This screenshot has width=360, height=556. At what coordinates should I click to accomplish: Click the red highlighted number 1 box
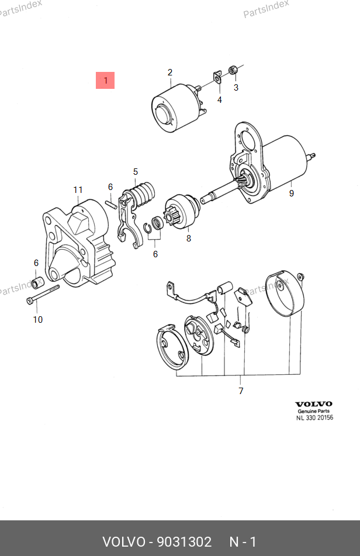[105, 81]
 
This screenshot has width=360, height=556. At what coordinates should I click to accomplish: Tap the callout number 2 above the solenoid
[170, 72]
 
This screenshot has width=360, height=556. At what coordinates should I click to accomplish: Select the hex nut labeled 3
[233, 70]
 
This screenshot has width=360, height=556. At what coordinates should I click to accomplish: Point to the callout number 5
[136, 172]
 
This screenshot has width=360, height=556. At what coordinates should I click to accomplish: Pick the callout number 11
[78, 190]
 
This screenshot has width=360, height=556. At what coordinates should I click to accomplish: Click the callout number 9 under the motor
[291, 194]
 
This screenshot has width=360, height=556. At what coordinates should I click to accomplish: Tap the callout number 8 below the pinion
[189, 239]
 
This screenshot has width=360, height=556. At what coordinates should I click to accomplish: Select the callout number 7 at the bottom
[241, 391]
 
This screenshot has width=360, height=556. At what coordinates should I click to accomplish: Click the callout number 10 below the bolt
[38, 320]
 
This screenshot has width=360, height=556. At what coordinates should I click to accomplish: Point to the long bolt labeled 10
[43, 294]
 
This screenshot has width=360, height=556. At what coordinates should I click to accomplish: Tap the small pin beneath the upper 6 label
[111, 204]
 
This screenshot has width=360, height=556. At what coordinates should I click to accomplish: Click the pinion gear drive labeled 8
[181, 211]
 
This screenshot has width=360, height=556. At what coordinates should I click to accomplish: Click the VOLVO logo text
[314, 404]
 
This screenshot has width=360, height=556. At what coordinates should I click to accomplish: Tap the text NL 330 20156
[314, 417]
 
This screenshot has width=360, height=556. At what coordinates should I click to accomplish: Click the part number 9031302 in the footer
[184, 542]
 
